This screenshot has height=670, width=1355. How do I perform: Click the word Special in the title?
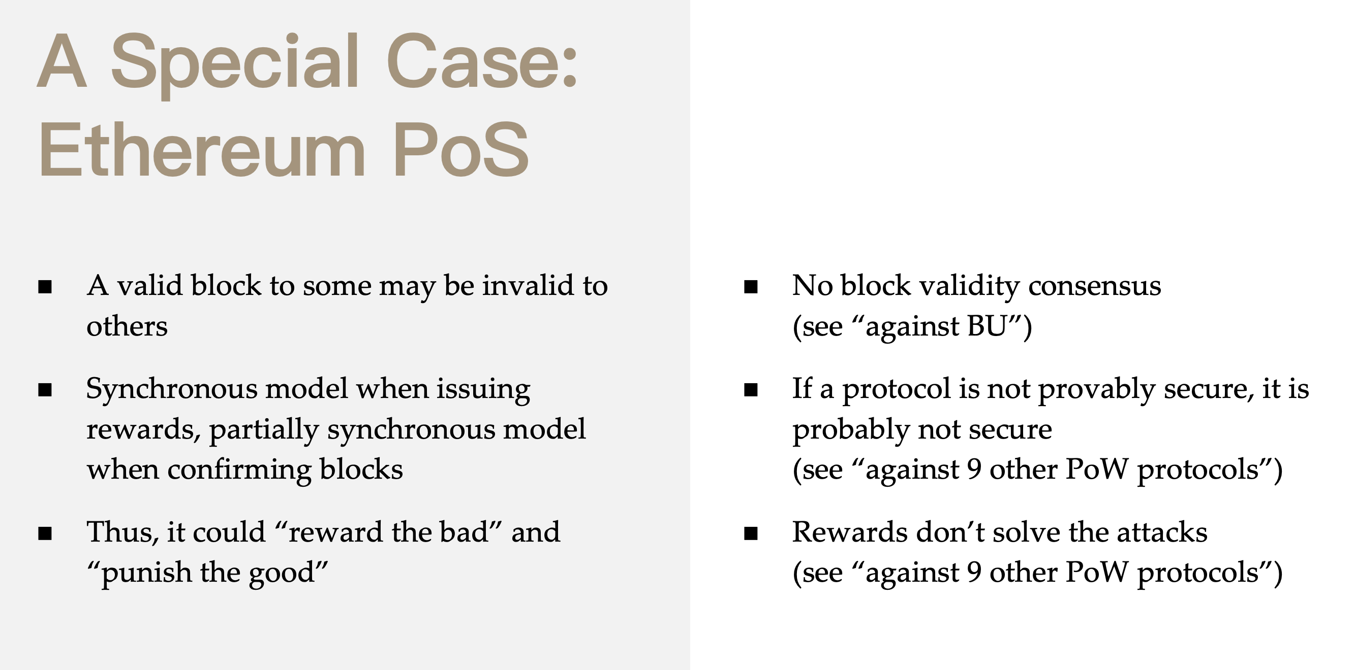(235, 63)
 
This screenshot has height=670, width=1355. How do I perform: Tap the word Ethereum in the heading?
(202, 150)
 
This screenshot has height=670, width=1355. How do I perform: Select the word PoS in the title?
(461, 150)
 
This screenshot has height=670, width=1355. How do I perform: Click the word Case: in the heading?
(482, 61)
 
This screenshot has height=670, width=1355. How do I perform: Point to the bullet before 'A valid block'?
(45, 286)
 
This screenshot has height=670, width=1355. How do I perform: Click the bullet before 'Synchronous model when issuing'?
(45, 389)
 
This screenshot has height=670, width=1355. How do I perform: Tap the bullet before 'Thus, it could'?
(45, 533)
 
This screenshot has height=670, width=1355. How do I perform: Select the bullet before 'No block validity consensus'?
(751, 286)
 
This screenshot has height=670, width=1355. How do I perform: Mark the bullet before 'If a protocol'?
(751, 389)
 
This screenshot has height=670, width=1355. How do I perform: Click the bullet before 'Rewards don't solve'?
(751, 533)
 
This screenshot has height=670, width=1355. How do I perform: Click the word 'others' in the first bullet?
(127, 326)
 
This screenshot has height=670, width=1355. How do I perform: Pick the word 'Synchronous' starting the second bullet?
(171, 390)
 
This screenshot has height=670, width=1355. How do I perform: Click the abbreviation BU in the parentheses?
(987, 326)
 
